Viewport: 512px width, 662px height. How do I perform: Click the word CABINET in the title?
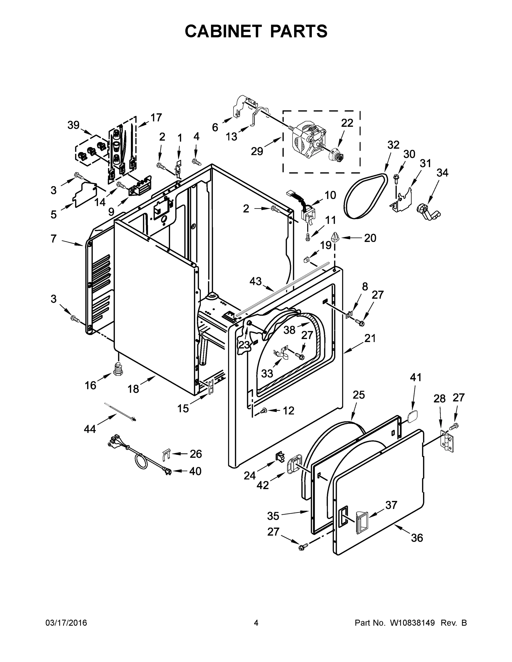[223, 31]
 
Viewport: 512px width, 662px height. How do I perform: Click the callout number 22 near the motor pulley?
[347, 123]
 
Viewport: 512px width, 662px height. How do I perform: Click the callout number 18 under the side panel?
[133, 389]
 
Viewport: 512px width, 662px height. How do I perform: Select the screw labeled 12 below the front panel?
[264, 410]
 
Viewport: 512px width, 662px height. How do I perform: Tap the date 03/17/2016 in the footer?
[66, 623]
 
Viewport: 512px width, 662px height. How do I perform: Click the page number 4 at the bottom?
[256, 623]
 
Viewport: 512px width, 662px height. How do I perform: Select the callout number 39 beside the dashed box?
[73, 125]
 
